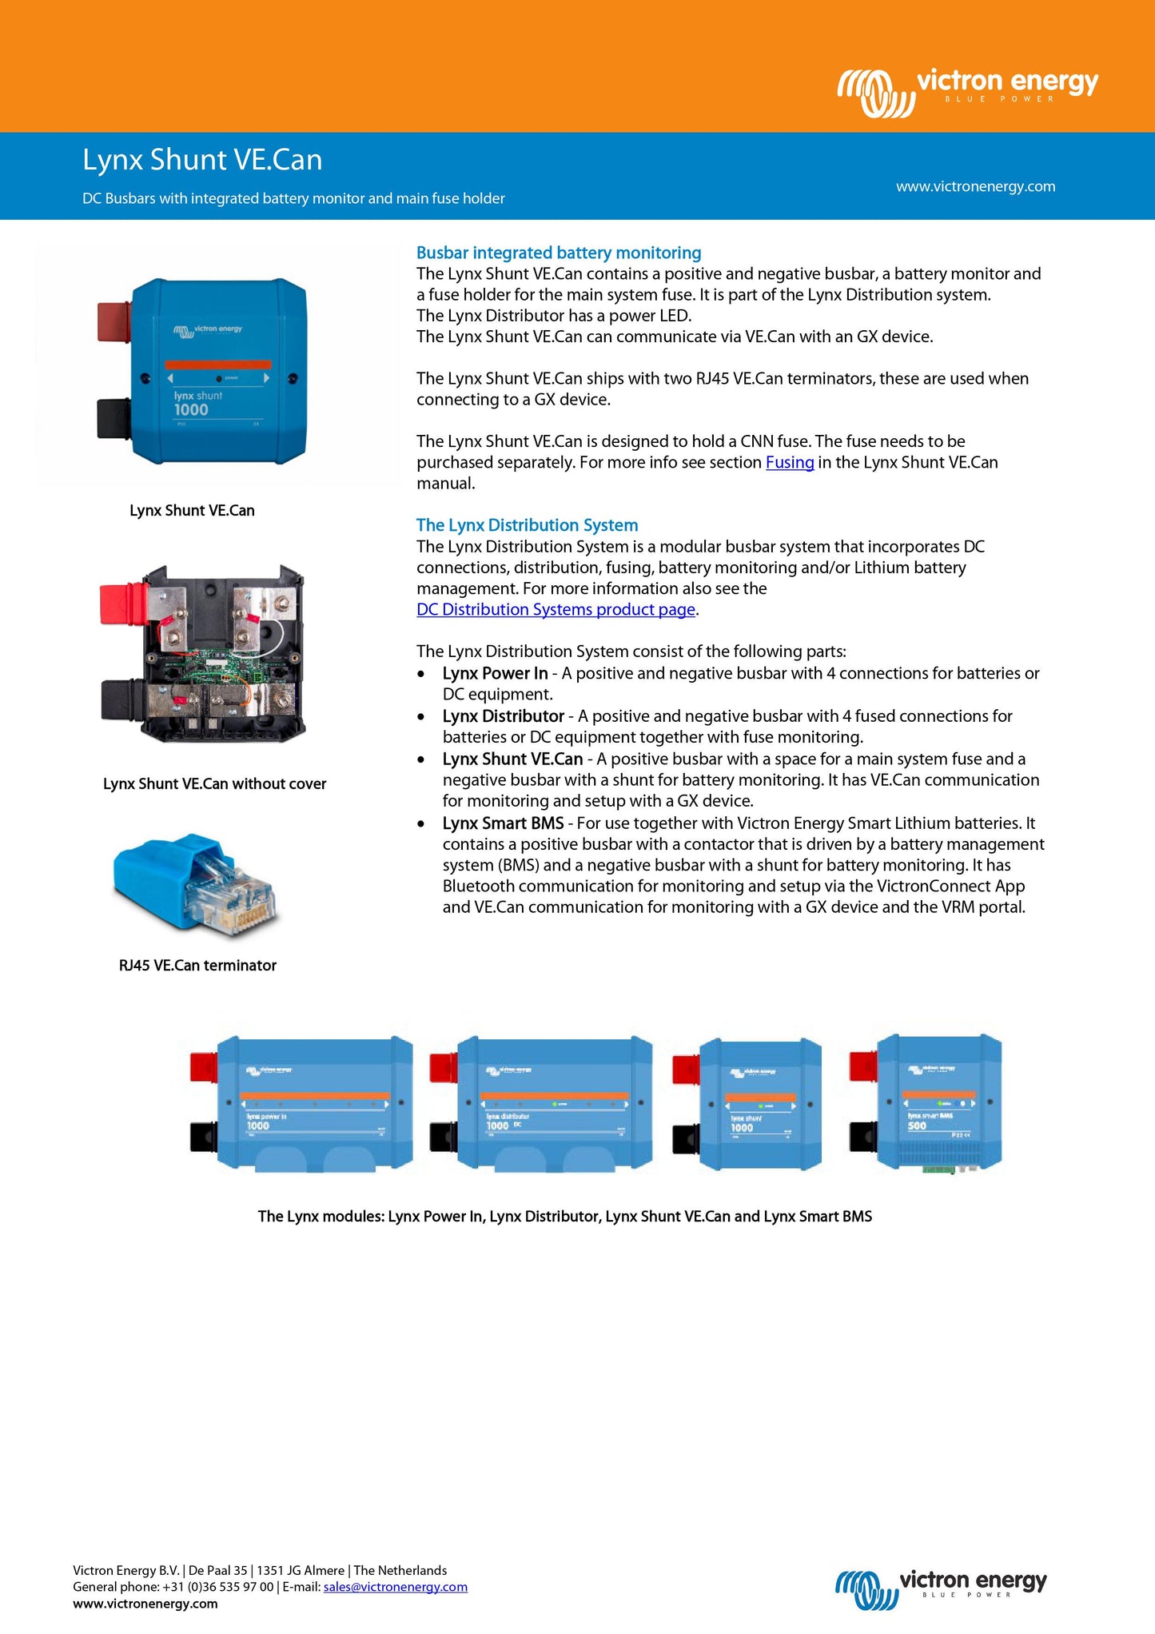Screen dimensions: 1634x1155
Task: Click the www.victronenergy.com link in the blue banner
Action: [975, 186]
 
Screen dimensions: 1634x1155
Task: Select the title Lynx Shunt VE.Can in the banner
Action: [202, 160]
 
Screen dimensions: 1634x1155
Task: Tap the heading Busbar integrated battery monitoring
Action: [559, 253]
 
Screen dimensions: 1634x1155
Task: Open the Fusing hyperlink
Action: [789, 462]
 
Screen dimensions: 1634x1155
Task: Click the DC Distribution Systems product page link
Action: [556, 609]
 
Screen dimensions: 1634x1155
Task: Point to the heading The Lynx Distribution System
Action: [527, 525]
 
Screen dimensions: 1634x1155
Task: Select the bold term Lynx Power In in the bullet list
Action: [495, 673]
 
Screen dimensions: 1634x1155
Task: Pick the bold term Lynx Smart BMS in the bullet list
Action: [503, 823]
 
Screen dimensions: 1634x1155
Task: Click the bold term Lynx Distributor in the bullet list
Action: [504, 716]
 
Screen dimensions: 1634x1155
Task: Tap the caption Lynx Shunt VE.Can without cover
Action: [214, 783]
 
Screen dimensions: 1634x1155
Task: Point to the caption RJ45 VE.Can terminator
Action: [197, 965]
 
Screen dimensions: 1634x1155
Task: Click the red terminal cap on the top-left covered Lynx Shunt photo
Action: [114, 321]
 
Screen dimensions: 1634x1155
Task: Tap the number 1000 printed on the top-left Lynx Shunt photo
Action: [191, 410]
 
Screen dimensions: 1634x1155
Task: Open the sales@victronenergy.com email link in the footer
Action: [395, 1587]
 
